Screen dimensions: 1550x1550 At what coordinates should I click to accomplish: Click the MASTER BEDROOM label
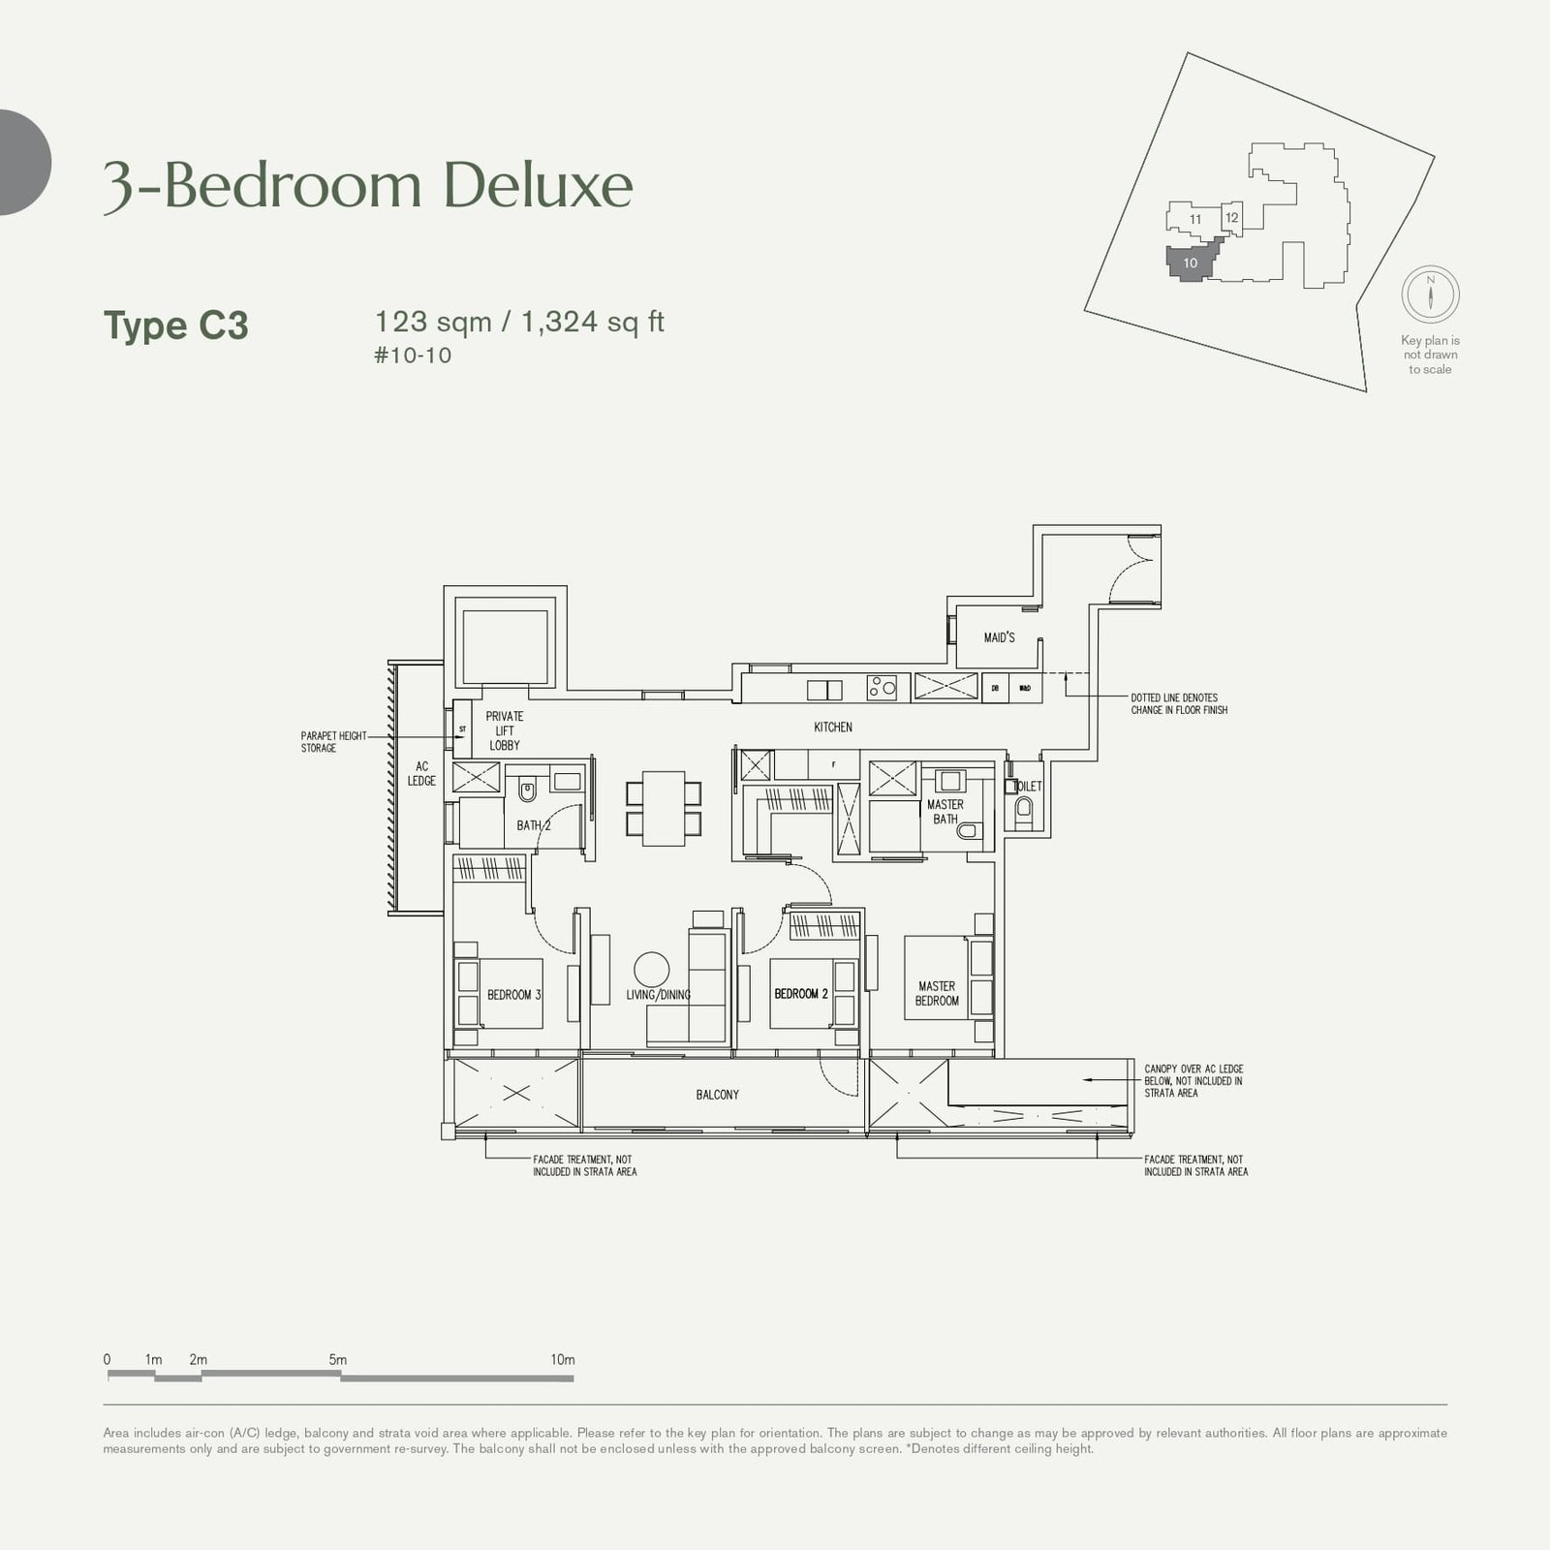pyautogui.click(x=937, y=994)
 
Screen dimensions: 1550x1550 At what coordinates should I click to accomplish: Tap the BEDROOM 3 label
pyautogui.click(x=513, y=995)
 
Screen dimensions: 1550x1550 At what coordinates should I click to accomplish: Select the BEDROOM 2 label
pyautogui.click(x=800, y=994)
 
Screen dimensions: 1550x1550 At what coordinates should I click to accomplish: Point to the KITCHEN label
pyautogui.click(x=833, y=728)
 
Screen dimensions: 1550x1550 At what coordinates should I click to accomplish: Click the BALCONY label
pyautogui.click(x=717, y=1095)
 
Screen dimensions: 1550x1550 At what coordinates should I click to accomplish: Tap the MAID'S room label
pyautogui.click(x=999, y=638)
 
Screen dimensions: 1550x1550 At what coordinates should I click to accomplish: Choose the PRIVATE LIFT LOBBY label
pyautogui.click(x=505, y=730)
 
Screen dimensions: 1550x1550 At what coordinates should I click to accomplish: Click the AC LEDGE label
pyautogui.click(x=421, y=773)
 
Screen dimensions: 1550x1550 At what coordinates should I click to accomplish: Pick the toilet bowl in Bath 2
pyautogui.click(x=527, y=791)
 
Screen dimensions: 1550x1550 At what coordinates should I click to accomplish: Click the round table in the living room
pyautogui.click(x=652, y=971)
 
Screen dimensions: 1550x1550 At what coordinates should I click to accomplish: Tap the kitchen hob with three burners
pyautogui.click(x=883, y=688)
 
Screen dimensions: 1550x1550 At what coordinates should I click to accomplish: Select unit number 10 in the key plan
pyautogui.click(x=1191, y=263)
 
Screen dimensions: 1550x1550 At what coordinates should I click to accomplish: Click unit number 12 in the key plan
pyautogui.click(x=1231, y=218)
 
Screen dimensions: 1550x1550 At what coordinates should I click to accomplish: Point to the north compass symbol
pyautogui.click(x=1430, y=294)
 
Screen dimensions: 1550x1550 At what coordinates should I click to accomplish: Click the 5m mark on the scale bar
pyautogui.click(x=337, y=1360)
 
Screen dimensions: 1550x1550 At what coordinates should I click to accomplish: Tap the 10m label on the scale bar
pyautogui.click(x=562, y=1360)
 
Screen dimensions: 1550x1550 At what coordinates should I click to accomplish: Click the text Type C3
pyautogui.click(x=176, y=325)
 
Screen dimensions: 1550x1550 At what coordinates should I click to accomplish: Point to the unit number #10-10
pyautogui.click(x=413, y=356)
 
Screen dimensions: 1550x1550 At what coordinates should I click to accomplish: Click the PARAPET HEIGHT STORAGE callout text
pyautogui.click(x=333, y=742)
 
